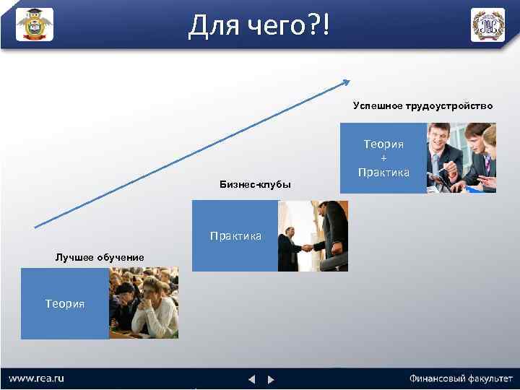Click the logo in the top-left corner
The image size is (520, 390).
click(x=34, y=25)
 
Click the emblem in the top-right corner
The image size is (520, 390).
click(x=487, y=25)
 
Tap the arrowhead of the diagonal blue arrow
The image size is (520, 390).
click(x=347, y=82)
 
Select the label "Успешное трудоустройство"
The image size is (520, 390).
click(x=422, y=105)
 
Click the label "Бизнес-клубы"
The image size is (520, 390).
click(x=255, y=184)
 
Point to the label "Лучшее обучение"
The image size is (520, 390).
click(x=100, y=257)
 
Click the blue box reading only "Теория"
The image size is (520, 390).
click(x=65, y=303)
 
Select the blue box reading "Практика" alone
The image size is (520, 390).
click(x=235, y=236)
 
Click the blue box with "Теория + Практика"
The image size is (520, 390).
click(x=383, y=158)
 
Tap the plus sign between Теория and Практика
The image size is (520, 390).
click(x=383, y=158)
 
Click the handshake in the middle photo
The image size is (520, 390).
click(x=305, y=247)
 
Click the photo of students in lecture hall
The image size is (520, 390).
click(x=143, y=303)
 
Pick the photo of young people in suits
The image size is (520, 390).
click(x=461, y=158)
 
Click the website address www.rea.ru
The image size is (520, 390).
click(x=37, y=378)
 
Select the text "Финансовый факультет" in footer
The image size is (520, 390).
click(x=461, y=378)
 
